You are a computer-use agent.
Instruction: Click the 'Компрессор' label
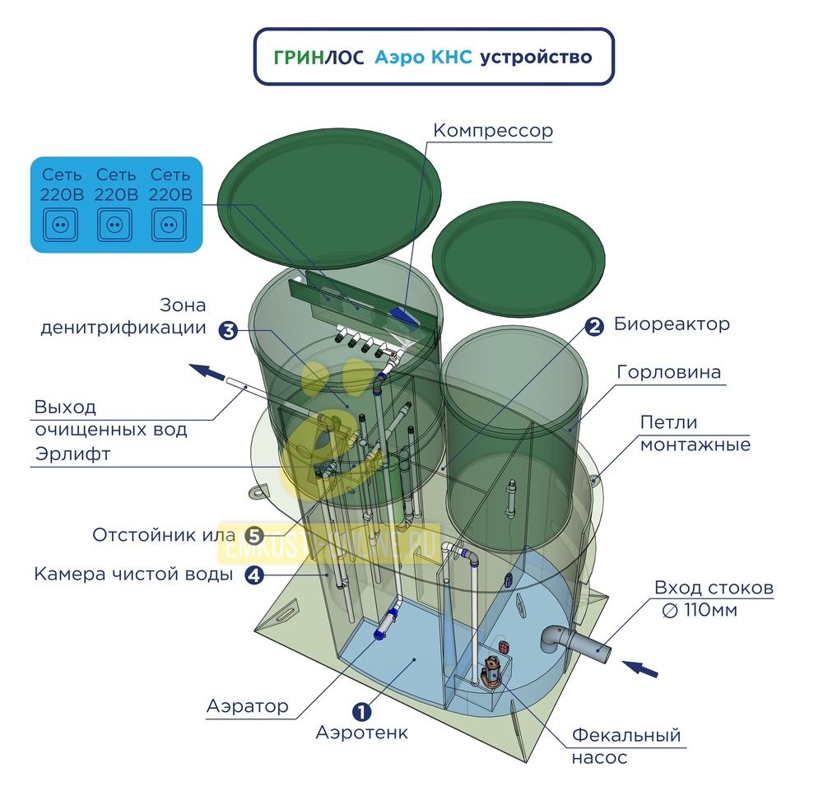tap(493, 131)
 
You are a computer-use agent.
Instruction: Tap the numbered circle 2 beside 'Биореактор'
tap(594, 327)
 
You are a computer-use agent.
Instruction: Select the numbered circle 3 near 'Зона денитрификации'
tap(229, 331)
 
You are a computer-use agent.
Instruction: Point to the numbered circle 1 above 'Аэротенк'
tap(361, 712)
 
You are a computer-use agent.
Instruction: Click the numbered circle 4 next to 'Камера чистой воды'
tap(254, 575)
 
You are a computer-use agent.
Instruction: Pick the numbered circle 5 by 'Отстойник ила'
tap(255, 536)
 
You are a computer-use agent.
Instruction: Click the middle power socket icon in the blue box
tap(114, 226)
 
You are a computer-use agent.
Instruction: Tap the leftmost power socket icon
tap(60, 226)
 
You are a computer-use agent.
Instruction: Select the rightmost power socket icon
tap(169, 226)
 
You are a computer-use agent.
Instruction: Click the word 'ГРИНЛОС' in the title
tap(319, 57)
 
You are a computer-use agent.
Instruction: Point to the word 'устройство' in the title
tap(536, 57)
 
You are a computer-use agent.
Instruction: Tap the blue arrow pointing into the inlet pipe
tap(639, 668)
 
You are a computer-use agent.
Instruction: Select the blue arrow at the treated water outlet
tap(207, 371)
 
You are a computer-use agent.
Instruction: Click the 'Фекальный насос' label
tap(626, 747)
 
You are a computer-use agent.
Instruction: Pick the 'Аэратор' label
tap(248, 706)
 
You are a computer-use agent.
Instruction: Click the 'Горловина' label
tap(668, 372)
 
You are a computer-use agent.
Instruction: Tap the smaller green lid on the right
tap(518, 261)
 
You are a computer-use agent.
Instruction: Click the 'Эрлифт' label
tap(72, 454)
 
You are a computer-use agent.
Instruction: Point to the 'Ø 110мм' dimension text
tap(700, 610)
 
